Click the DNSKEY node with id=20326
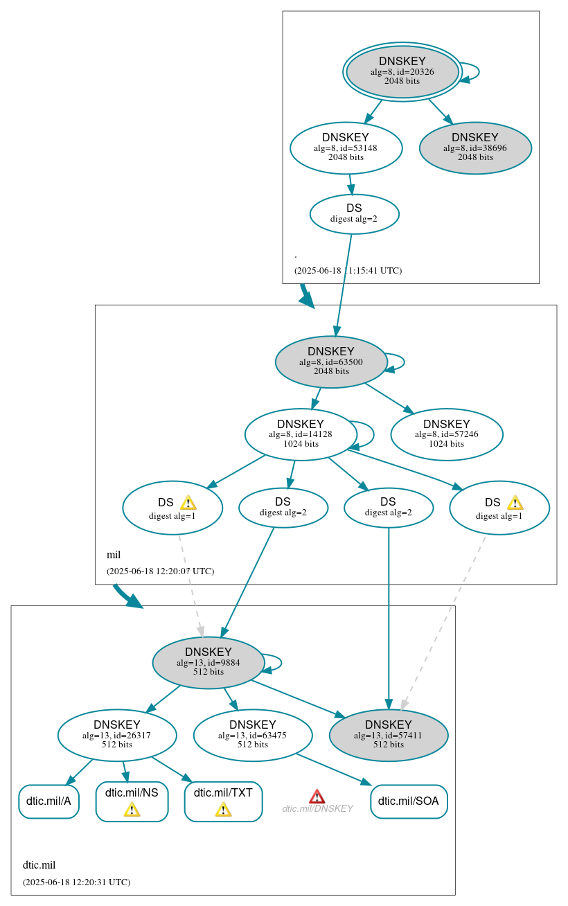(402, 71)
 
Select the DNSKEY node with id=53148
(346, 147)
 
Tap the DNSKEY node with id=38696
(475, 147)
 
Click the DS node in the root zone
(354, 213)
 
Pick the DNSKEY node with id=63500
(331, 362)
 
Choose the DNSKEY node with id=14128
(301, 434)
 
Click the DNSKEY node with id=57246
(447, 434)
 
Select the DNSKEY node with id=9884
(208, 662)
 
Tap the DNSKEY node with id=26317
(117, 735)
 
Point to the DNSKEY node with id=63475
(253, 735)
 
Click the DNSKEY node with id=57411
(389, 735)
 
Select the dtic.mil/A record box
(48, 801)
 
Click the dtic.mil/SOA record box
(409, 801)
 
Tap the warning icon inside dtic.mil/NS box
(132, 809)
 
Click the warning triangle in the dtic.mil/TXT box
(223, 809)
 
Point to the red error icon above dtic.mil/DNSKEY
(317, 797)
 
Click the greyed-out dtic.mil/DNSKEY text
(317, 808)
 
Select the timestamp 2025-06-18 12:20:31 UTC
(76, 882)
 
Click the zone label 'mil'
(114, 554)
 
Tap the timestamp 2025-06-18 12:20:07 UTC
(160, 571)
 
